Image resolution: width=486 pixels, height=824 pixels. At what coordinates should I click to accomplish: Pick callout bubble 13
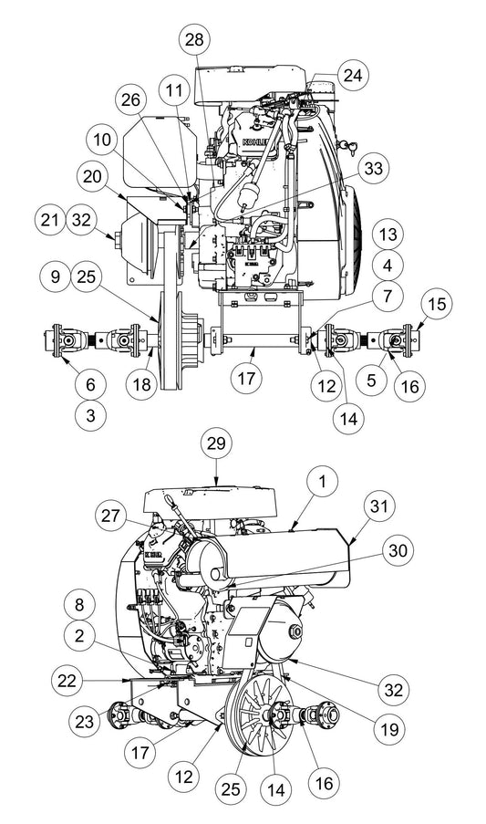pyautogui.click(x=388, y=235)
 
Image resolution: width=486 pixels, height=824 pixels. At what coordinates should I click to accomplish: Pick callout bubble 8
pyautogui.click(x=81, y=605)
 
